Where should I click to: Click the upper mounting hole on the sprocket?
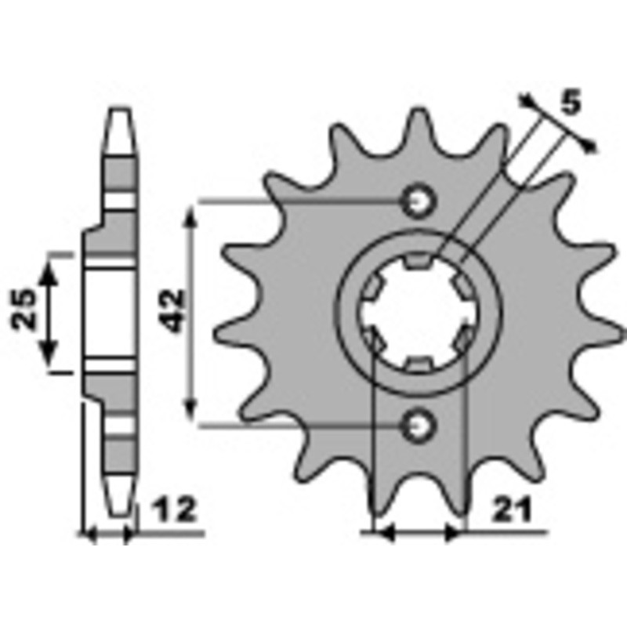418,201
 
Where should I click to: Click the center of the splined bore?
418,313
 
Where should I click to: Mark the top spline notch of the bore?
418,262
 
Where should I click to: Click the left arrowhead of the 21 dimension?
382,533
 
